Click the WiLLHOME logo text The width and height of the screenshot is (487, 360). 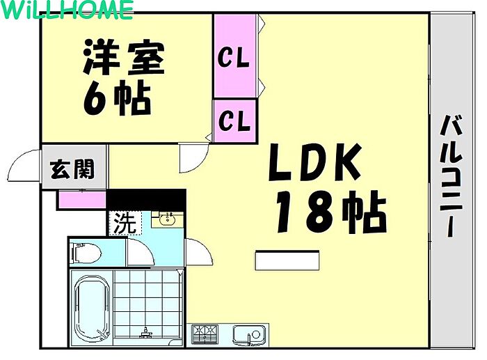point(67,10)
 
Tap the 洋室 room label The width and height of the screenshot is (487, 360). point(124,58)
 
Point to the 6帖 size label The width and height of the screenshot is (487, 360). point(117,97)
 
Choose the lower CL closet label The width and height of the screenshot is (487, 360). point(234,121)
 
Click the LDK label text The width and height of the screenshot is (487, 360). point(315,162)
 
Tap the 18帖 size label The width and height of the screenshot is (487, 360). point(331,212)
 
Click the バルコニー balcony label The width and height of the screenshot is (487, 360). point(451,176)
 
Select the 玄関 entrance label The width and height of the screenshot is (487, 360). point(72,169)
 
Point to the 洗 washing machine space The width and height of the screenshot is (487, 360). point(125,223)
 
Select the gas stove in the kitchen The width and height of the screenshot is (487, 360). point(205,334)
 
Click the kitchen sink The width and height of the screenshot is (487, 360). point(249,335)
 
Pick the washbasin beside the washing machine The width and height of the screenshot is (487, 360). point(168,219)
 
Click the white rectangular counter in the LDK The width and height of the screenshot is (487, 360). point(287,260)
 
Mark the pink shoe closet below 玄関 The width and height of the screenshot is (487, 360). point(81,199)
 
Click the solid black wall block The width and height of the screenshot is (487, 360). point(146,200)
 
